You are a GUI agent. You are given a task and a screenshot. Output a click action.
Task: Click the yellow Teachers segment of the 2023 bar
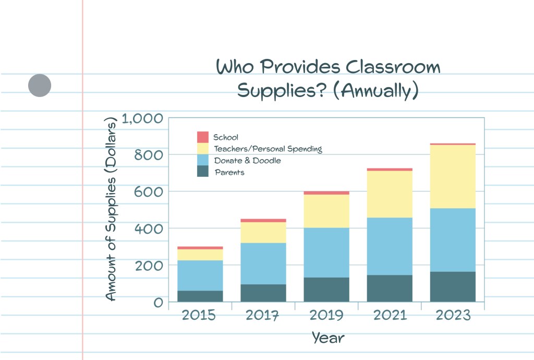[453, 176]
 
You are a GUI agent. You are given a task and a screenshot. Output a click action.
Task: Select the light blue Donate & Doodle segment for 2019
[326, 253]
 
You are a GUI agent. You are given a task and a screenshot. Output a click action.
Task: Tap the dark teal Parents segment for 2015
[200, 296]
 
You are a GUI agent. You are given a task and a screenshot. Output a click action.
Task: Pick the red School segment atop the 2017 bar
[263, 220]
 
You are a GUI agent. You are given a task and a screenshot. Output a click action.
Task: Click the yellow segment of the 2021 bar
[390, 194]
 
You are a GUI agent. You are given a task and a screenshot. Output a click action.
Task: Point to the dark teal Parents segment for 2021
[390, 288]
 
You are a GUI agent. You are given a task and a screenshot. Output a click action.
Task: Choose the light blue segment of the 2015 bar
[200, 275]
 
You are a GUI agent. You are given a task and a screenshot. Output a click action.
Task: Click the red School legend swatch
[203, 137]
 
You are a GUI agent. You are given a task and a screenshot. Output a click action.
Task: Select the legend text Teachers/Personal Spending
[268, 149]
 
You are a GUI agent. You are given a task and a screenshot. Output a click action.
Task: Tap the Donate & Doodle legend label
[247, 161]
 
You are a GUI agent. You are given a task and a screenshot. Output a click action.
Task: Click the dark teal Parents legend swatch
[203, 172]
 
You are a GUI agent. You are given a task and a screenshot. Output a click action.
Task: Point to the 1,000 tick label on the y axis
[142, 118]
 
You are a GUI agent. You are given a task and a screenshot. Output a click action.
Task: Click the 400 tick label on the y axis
[149, 229]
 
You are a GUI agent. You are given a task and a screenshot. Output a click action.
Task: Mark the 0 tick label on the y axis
[158, 302]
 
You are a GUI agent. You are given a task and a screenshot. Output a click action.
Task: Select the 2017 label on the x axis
[263, 316]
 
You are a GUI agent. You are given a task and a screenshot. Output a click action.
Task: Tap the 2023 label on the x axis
[453, 316]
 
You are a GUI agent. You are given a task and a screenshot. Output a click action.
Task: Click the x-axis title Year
[329, 338]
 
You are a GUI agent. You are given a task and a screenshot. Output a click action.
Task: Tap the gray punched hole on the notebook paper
[40, 86]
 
